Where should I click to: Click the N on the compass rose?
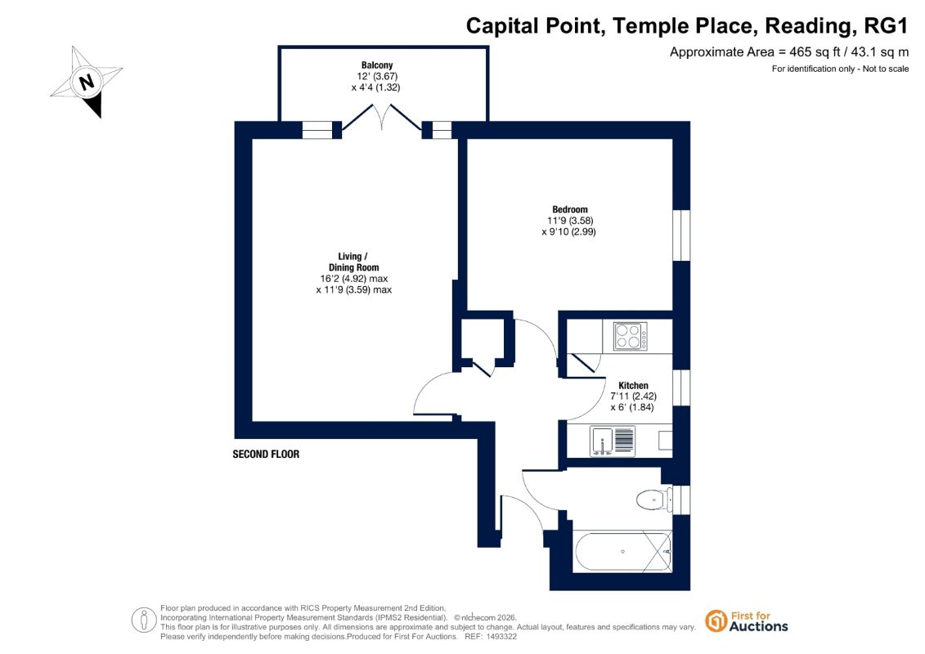pyautogui.click(x=87, y=81)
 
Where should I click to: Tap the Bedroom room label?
pyautogui.click(x=570, y=209)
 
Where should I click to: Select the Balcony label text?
pyautogui.click(x=377, y=65)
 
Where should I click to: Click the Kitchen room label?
pyautogui.click(x=633, y=385)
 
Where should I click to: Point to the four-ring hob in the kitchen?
pyautogui.click(x=630, y=336)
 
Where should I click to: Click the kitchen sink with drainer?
pyautogui.click(x=613, y=441)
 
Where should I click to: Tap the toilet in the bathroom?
pyautogui.click(x=654, y=500)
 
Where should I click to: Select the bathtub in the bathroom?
pyautogui.click(x=622, y=552)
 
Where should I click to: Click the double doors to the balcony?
pyautogui.click(x=382, y=118)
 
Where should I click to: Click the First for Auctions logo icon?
pyautogui.click(x=716, y=621)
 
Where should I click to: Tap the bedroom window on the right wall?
pyautogui.click(x=681, y=235)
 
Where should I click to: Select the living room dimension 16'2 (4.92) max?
pyautogui.click(x=354, y=278)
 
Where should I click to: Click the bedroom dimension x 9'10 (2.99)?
pyautogui.click(x=568, y=231)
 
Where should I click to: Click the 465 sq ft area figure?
pyautogui.click(x=815, y=52)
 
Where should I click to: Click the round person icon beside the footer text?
pyautogui.click(x=144, y=620)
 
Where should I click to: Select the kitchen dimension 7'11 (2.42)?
pyautogui.click(x=634, y=396)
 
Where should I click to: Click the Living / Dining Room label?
pyautogui.click(x=354, y=262)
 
